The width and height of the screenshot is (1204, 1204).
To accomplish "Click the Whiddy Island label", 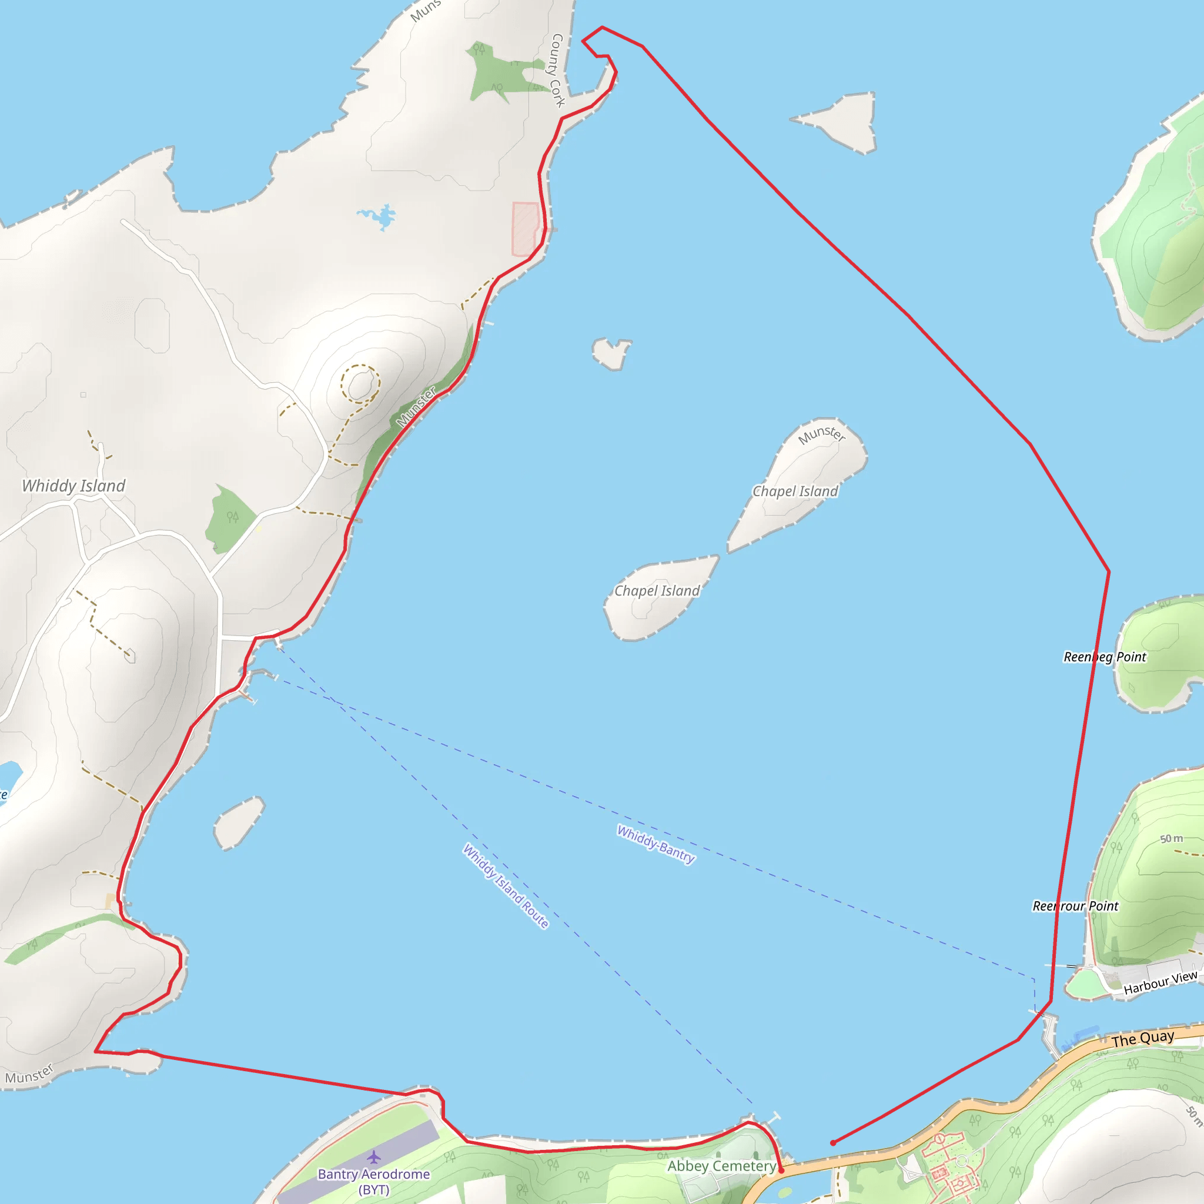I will point(73,486).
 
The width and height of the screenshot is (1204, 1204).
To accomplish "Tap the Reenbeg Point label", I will point(1104,657).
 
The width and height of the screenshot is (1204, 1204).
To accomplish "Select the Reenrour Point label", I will point(1075,906).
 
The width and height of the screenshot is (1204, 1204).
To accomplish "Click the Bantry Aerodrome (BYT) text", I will point(374,1182).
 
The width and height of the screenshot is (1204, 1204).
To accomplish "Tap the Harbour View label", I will point(1160,983).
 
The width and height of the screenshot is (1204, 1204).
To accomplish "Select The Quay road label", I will point(1142,1039).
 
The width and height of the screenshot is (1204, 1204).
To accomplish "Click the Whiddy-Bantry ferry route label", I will point(655,844).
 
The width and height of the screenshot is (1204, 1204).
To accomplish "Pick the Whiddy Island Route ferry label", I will point(506,885).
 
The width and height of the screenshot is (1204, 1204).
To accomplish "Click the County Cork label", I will point(557,71).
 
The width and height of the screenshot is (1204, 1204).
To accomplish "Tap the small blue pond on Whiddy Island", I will point(380,218).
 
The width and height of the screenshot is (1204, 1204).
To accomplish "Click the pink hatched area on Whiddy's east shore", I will point(525,229).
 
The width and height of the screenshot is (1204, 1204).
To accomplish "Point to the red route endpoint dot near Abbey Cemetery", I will point(781,1170).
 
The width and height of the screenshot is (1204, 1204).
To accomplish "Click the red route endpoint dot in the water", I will point(833,1143).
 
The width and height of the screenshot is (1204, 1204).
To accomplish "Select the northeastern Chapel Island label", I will point(795,491).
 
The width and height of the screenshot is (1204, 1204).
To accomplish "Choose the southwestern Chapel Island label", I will point(657,591).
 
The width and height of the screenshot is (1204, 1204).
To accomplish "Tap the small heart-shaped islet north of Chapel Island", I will point(611,353).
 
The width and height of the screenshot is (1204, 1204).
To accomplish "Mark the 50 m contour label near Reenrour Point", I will point(1171,839).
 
